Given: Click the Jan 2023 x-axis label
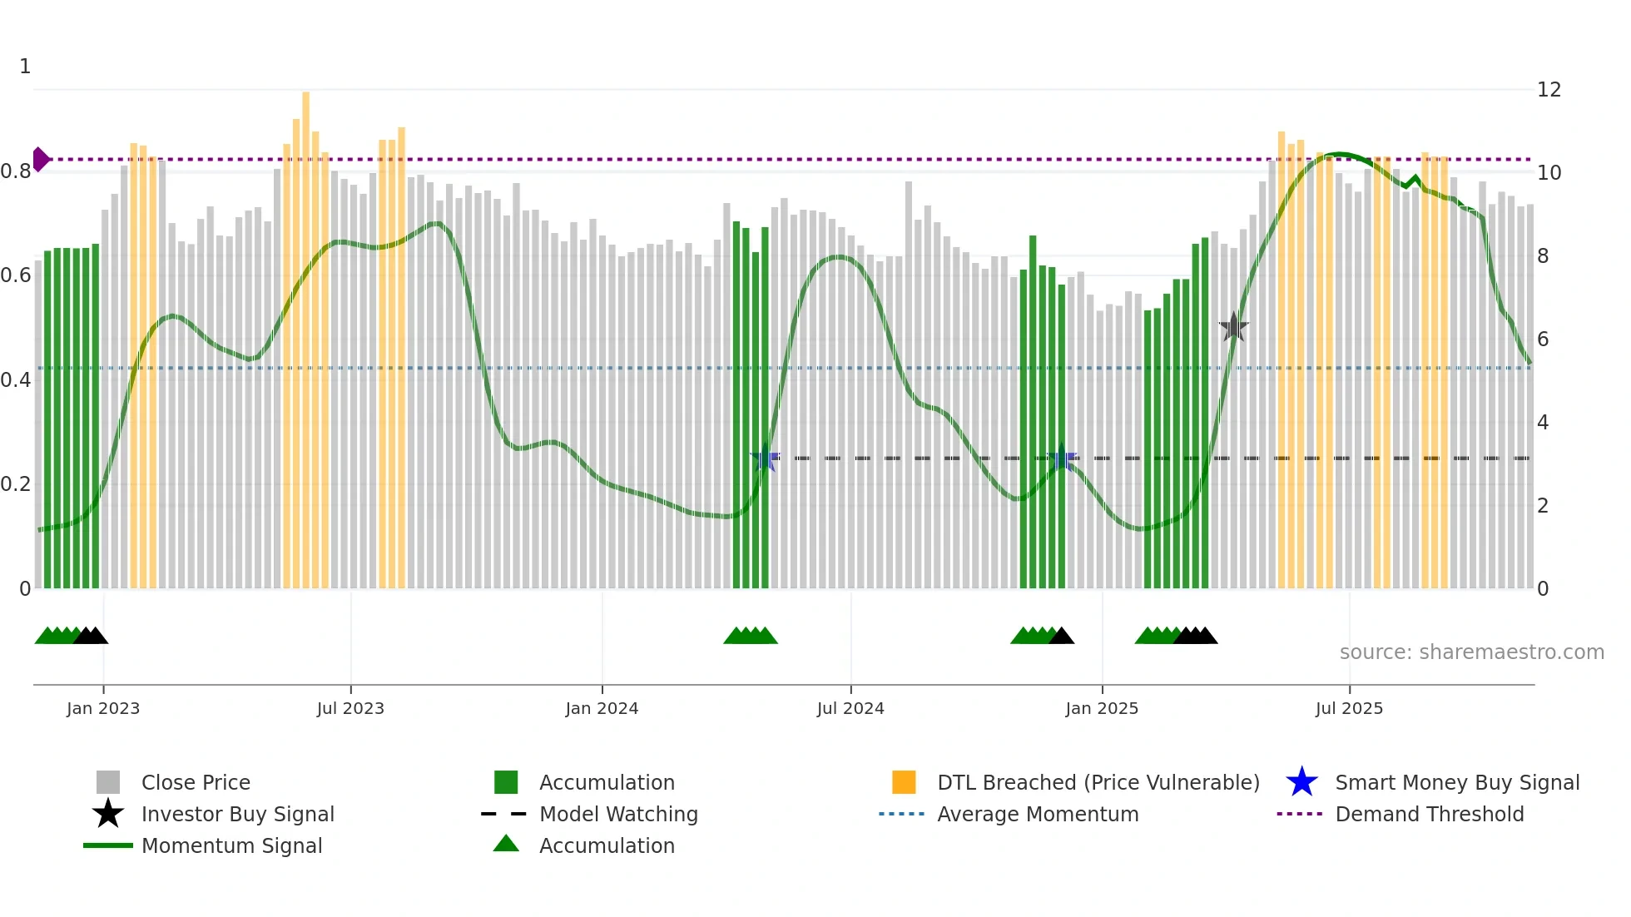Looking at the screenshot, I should click(103, 708).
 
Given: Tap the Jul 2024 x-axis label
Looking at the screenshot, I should click(850, 708).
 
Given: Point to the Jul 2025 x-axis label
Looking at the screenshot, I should click(1349, 708).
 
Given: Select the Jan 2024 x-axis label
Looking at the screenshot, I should click(602, 708).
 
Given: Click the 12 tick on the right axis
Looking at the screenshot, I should click(1549, 90).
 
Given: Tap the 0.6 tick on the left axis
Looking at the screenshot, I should click(16, 275).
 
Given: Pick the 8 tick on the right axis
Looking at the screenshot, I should click(1543, 256).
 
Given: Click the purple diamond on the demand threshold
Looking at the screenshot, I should click(41, 159).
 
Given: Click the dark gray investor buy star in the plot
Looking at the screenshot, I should click(1233, 328).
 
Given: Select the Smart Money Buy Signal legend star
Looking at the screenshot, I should click(1301, 782).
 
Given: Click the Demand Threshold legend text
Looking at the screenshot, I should click(1429, 814).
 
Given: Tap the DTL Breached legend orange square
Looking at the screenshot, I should click(904, 782).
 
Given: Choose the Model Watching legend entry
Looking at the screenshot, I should click(617, 814).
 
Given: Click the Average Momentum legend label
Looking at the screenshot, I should click(1037, 814).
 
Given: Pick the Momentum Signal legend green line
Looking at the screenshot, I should click(108, 845).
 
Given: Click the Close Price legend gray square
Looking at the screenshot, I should click(108, 782).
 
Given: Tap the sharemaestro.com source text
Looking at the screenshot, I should click(1471, 652).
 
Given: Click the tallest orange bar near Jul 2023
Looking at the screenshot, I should click(305, 333).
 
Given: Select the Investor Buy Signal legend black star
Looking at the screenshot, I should click(108, 814).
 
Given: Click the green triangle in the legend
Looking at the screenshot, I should click(506, 844).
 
